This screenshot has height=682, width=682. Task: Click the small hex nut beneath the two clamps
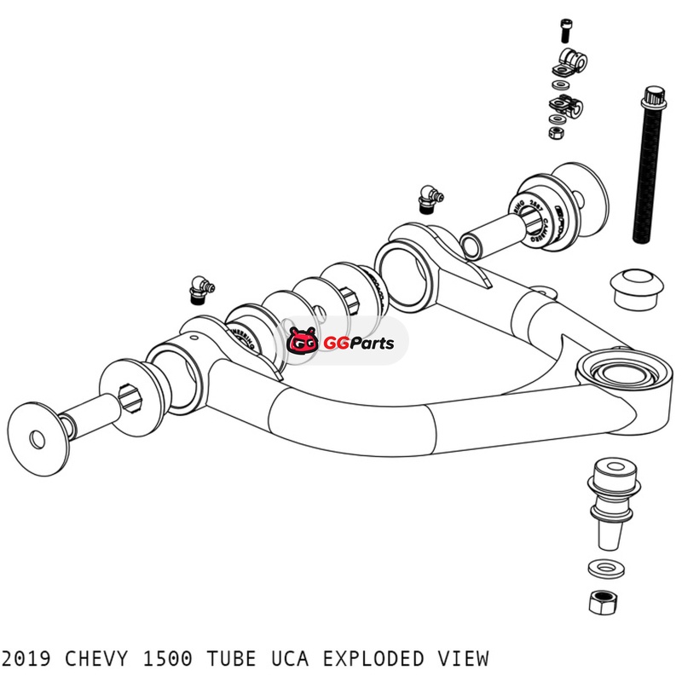(554, 133)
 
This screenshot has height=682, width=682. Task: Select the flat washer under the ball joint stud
(603, 567)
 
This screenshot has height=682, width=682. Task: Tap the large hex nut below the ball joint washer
(603, 600)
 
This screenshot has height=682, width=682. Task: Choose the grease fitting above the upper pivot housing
(428, 198)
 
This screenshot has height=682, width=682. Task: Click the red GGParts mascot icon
(303, 343)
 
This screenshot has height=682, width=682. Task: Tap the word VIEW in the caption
(465, 658)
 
